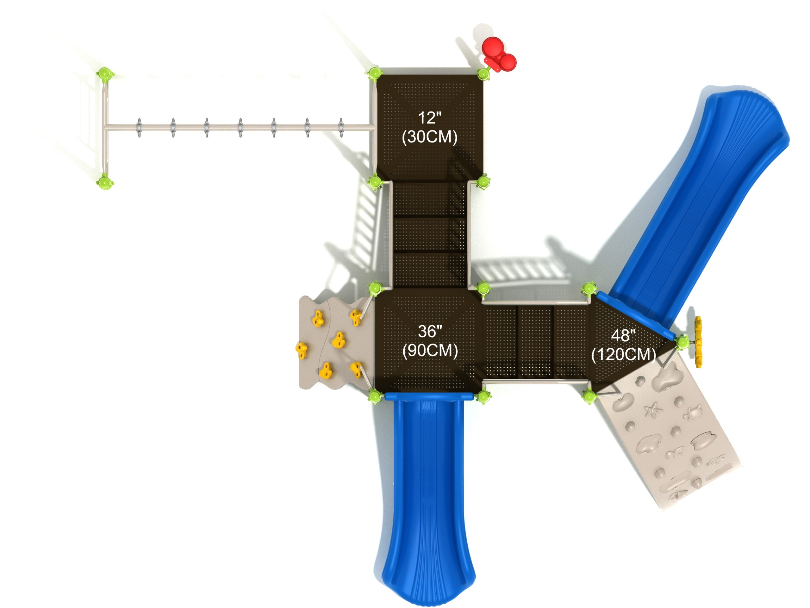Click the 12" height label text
[x=430, y=118]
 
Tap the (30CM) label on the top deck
[x=430, y=137]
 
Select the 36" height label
[x=430, y=332]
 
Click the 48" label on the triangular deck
[x=623, y=335]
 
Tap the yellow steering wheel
[x=698, y=342]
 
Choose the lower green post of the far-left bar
[x=105, y=181]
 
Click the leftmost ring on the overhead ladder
[x=139, y=128]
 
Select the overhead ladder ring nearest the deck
[x=341, y=128]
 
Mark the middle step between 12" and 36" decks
[x=430, y=235]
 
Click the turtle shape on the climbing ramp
[x=692, y=412]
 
